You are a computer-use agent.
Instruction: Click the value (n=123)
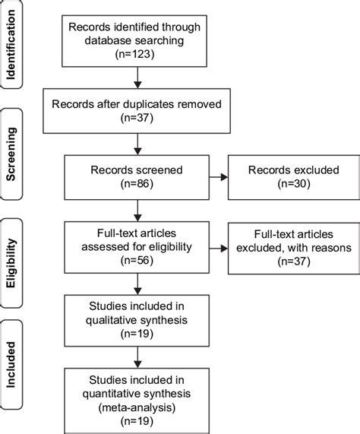click(136, 54)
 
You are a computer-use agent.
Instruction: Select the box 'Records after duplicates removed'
click(136, 107)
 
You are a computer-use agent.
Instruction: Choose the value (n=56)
click(137, 258)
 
